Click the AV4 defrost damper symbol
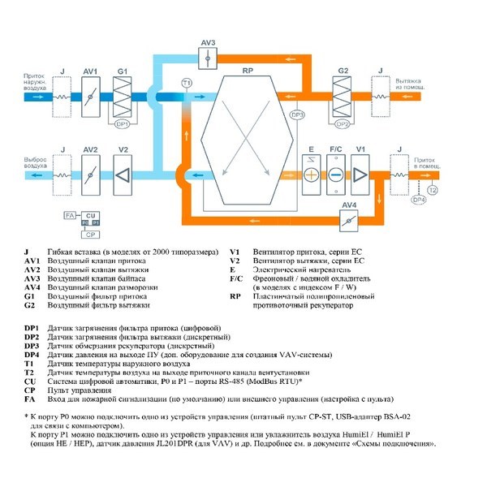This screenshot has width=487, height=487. (349, 222)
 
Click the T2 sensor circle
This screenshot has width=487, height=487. (433, 190)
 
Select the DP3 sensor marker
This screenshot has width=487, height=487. (297, 115)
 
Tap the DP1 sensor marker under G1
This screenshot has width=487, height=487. (123, 123)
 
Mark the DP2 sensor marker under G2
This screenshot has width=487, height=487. (343, 123)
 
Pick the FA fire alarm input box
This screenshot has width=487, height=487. (69, 216)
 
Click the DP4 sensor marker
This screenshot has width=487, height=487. (419, 199)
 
